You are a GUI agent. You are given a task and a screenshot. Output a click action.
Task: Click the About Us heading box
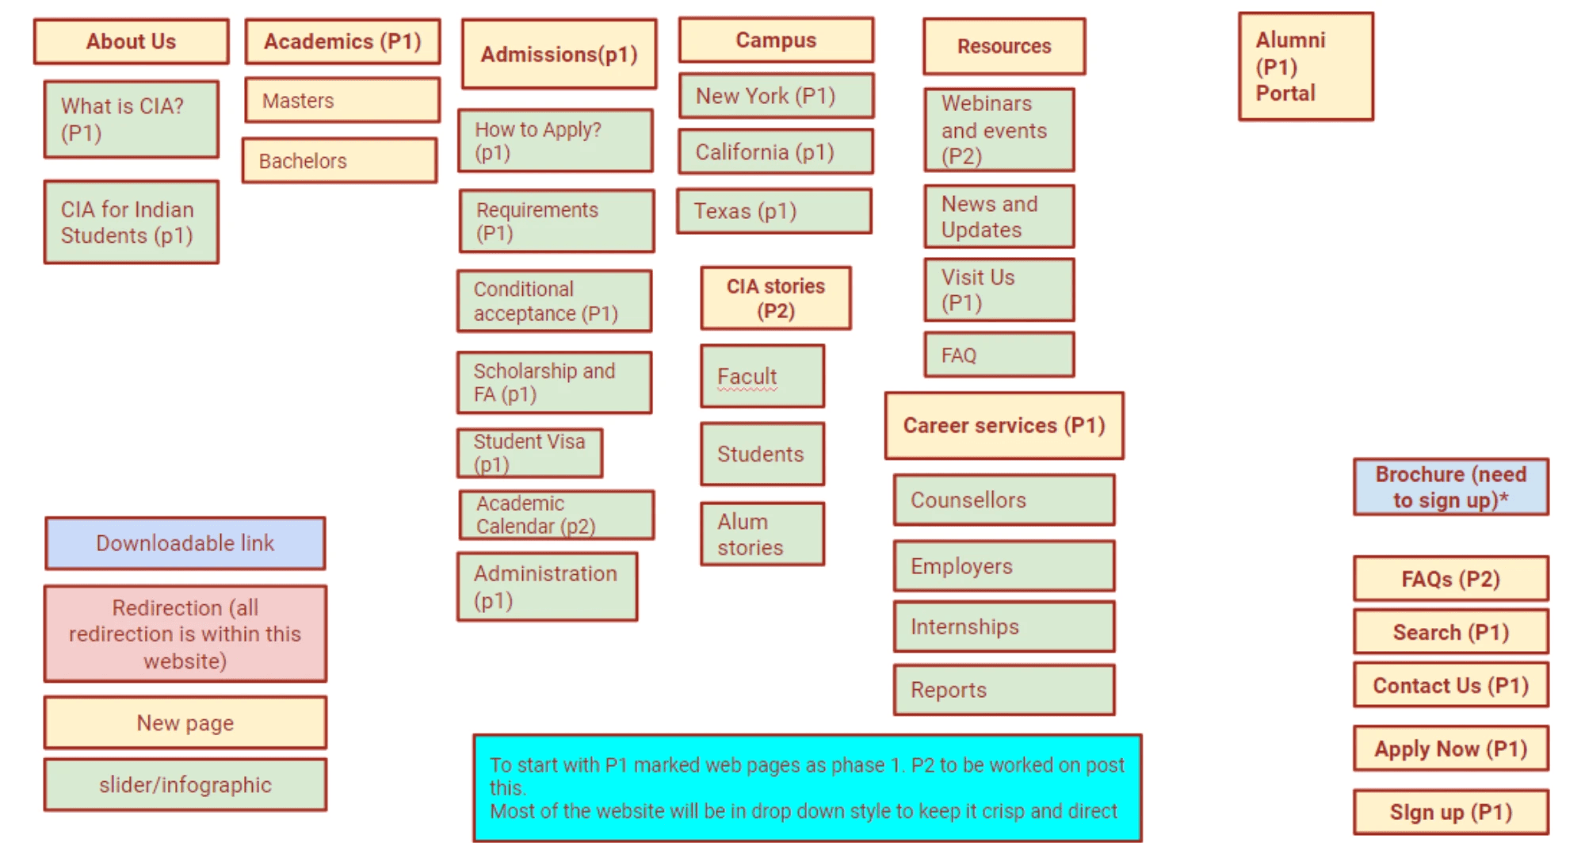tap(131, 41)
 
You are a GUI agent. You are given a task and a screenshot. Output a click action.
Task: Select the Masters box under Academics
tap(342, 100)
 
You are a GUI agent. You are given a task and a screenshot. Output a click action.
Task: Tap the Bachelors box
tap(339, 160)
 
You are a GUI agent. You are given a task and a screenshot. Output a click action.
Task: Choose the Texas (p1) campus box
tap(773, 211)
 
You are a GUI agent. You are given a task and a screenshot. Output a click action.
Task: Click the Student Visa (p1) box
tap(529, 453)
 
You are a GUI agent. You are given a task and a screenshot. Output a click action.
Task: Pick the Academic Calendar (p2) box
tap(556, 515)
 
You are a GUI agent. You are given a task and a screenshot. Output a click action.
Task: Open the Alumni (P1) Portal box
tap(1305, 67)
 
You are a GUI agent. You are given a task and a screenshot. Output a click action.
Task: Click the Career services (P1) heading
tap(1004, 426)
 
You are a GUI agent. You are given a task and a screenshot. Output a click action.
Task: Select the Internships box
tap(1004, 627)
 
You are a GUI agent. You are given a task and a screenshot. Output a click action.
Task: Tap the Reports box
tap(1004, 690)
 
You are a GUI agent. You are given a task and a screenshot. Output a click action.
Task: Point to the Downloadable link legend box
tap(185, 543)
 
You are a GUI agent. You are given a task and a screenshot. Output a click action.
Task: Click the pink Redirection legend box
tap(185, 634)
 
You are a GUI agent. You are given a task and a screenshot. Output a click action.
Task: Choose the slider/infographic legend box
tap(185, 784)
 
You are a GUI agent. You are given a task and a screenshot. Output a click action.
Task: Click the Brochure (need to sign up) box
tap(1450, 487)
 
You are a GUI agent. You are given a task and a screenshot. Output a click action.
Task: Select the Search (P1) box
tap(1450, 632)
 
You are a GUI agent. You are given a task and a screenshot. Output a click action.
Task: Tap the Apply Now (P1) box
tap(1450, 749)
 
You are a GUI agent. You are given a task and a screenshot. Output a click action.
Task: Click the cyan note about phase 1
tap(807, 787)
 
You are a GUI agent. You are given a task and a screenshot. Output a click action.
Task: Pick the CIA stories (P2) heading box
tap(775, 298)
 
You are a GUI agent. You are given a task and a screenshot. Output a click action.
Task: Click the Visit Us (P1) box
tap(999, 289)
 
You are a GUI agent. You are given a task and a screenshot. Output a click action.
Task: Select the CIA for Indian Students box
tap(131, 222)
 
